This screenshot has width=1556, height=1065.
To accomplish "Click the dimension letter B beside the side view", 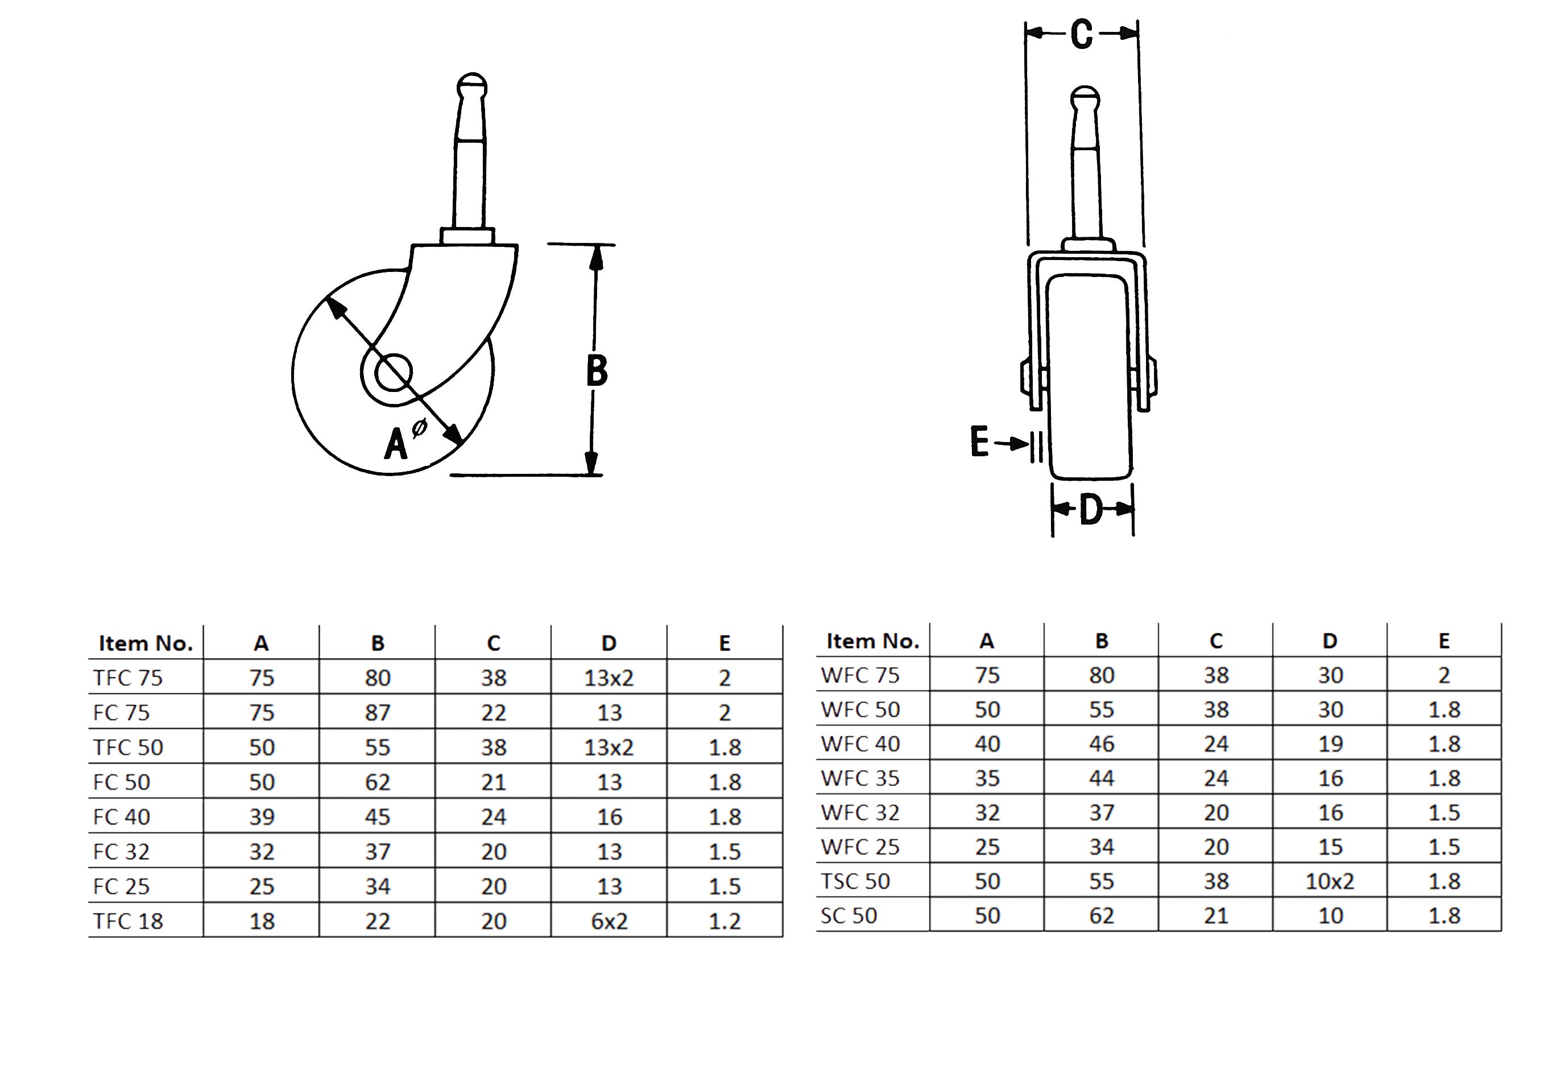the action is (x=597, y=370).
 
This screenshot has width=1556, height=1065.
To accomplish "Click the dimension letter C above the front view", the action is (x=1081, y=34).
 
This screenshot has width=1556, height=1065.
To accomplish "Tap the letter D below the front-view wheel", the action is (x=1091, y=510).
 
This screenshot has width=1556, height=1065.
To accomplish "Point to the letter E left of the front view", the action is (x=979, y=441).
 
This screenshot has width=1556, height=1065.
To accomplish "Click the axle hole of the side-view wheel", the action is (x=394, y=371).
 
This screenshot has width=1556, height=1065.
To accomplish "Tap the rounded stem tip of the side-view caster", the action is (x=472, y=85).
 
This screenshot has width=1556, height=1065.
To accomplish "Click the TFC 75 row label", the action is (x=128, y=678).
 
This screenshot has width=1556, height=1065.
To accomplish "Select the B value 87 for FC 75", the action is (x=378, y=713).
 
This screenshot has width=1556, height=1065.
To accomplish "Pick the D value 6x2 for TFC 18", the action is (x=609, y=922).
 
